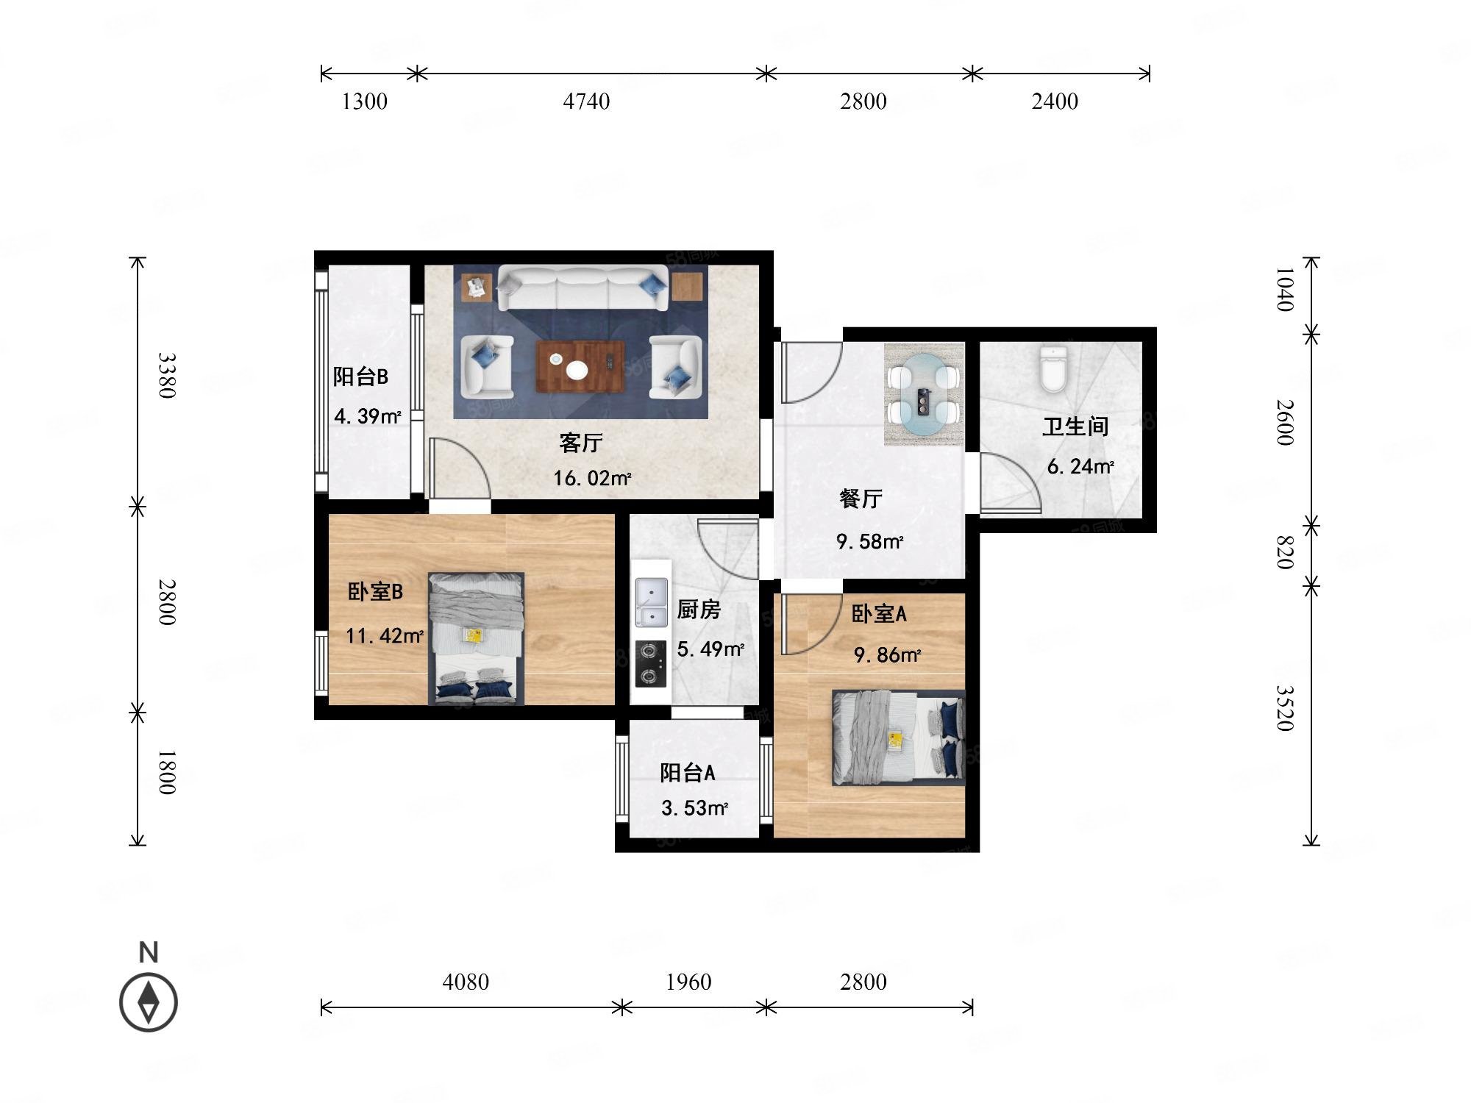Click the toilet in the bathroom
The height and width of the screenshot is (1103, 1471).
pos(1053,369)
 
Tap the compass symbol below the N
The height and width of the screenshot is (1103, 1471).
pos(149,1002)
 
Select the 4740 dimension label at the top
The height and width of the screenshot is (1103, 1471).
pos(586,101)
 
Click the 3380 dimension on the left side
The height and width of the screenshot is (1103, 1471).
pos(168,375)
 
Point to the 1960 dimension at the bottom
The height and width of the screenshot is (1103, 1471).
pos(688,982)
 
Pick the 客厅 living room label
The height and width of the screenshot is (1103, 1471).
pos(581,443)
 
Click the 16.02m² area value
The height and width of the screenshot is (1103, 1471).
pos(592,479)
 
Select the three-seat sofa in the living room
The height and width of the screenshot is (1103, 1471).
pos(583,288)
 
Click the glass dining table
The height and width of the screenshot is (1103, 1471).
pos(925,395)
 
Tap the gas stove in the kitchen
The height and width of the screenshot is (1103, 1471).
pos(651,664)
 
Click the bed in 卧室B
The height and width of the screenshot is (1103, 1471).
pos(477,638)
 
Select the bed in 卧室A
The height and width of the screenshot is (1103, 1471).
pos(898,738)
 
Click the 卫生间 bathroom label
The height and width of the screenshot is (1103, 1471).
pos(1075,426)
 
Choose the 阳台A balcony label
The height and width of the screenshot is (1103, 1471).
pos(688,773)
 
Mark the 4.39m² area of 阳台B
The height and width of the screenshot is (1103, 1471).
pos(368,416)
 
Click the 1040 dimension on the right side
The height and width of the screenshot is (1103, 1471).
pos(1284,289)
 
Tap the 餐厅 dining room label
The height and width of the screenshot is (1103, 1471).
pos(861,499)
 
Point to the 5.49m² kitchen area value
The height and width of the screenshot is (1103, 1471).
pos(710,649)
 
